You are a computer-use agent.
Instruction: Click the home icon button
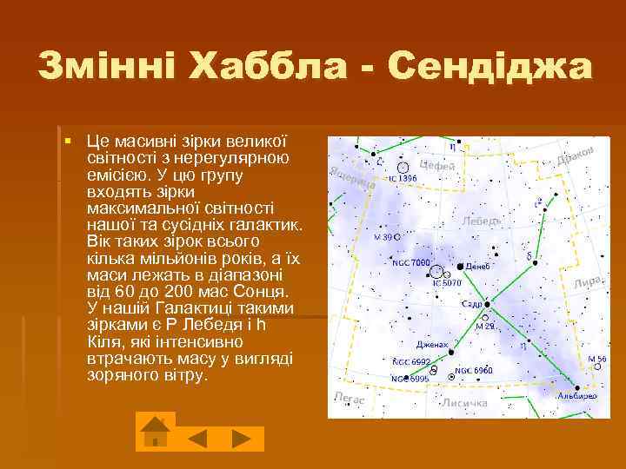(x=155, y=432)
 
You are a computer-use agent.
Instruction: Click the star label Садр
(x=472, y=305)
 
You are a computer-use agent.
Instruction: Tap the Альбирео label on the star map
(x=577, y=394)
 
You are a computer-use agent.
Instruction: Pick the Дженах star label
(x=432, y=344)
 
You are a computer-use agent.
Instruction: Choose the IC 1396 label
(x=403, y=177)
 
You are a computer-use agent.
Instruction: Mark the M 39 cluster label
(x=383, y=236)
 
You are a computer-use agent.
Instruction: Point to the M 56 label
(x=597, y=358)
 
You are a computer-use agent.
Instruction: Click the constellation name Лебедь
(x=482, y=221)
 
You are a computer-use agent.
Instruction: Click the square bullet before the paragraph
(x=67, y=141)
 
